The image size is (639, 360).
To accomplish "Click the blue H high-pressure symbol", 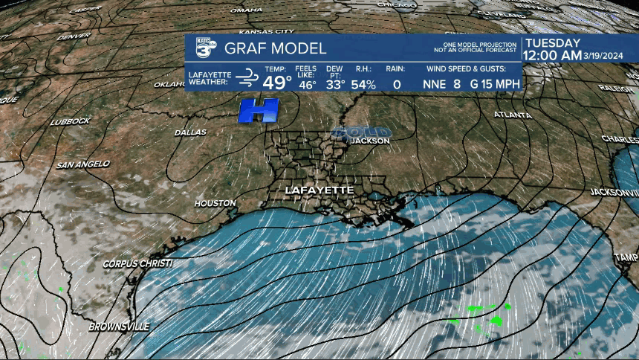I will (x=258, y=110).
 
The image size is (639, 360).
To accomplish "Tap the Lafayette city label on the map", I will (x=319, y=190).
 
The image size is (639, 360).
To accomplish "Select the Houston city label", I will (x=215, y=202).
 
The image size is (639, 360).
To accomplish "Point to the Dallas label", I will (x=190, y=132).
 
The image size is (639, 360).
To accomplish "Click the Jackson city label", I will (x=369, y=140).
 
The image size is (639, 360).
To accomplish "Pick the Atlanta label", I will (x=513, y=115).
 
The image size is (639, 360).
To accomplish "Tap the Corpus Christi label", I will (x=137, y=264).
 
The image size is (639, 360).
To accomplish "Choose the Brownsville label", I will (x=119, y=327).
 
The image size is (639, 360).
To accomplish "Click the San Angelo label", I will (x=82, y=164).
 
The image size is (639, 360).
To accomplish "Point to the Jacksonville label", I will (x=594, y=192).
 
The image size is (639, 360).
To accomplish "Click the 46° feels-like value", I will (x=306, y=85).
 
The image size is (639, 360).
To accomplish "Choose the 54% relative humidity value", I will (x=363, y=85).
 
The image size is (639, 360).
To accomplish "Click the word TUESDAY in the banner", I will (x=552, y=43).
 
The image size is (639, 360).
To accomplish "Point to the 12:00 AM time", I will (x=553, y=55).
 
